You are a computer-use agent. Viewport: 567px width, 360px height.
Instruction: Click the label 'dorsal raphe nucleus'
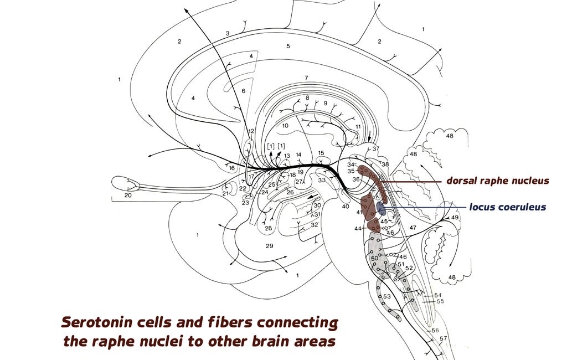pos(498,181)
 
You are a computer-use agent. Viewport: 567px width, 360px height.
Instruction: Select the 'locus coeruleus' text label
pos(507,207)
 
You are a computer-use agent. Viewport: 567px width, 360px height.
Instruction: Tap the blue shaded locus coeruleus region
pos(380,208)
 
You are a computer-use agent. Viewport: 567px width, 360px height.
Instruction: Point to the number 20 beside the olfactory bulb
pos(128,196)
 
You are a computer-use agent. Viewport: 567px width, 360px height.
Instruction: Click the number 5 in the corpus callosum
pos(287,46)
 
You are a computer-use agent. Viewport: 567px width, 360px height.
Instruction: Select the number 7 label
pos(306,78)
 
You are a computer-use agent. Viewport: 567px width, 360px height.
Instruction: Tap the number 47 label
pos(412,228)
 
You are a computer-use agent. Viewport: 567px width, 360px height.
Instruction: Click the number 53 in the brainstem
pos(386,297)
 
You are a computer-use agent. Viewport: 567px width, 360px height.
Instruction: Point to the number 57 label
pos(443,338)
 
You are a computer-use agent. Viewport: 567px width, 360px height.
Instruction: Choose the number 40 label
pos(346,207)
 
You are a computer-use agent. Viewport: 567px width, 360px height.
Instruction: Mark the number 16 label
pos(231,168)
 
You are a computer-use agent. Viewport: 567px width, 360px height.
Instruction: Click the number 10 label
pos(285,126)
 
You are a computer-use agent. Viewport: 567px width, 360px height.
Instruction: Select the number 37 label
pos(375,148)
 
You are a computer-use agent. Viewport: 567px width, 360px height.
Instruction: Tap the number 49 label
pos(455,218)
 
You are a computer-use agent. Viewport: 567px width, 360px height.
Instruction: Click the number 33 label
pos(321,179)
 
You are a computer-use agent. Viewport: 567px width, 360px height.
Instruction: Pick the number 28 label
pos(269,228)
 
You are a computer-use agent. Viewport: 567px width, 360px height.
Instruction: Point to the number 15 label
pos(321,153)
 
